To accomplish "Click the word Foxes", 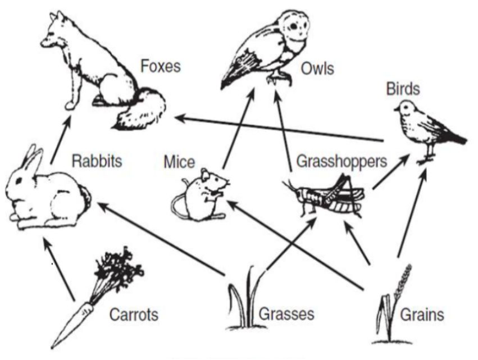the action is pos(160,66).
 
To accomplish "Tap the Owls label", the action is pos(317,69).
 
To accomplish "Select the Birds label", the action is pos(403,89).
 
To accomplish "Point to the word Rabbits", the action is pos(97,161).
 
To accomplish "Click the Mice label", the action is pos(179,162).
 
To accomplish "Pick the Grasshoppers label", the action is pos(342,161).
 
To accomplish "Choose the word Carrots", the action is pos(134,315).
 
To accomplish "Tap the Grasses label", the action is pos(286,314).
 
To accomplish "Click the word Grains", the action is pos(422,315).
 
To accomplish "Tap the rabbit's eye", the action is pos(19,181).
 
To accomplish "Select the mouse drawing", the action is pos(200,195).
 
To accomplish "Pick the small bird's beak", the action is pos(397,108).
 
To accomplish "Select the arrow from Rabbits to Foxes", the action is pos(60,140).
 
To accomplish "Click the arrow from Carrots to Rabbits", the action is pos(59,270).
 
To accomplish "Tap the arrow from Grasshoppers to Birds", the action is pos(390,172).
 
